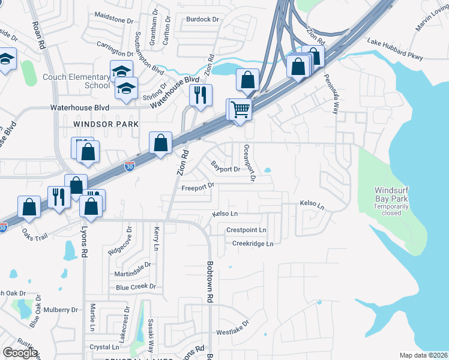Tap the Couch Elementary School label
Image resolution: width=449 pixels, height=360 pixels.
76,81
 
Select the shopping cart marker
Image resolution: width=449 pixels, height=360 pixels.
240,110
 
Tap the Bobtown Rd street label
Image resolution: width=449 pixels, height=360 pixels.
211,281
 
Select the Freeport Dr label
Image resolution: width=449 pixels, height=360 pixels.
197,187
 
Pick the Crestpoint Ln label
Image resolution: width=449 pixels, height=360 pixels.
246,230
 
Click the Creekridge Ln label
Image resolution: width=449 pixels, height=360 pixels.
253,244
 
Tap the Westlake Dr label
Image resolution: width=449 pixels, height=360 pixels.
232,332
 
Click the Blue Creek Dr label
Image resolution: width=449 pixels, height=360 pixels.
136,287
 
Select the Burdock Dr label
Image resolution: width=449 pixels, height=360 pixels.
202,19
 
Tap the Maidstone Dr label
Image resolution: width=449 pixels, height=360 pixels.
113,20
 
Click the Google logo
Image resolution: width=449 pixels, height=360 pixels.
20,353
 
